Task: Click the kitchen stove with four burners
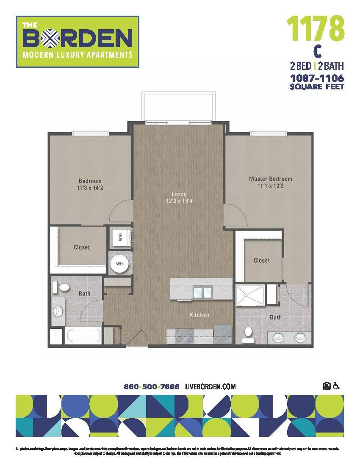185,336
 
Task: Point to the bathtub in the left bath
83,337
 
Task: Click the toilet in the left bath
63,288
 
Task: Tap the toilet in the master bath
248,334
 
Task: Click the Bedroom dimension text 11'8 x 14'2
90,188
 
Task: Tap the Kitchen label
199,315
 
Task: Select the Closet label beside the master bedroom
261,261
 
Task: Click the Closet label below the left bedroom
82,247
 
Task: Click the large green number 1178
315,28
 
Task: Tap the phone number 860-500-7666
151,387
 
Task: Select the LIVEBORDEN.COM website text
210,387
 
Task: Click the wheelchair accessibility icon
336,386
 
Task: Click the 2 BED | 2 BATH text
316,66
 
